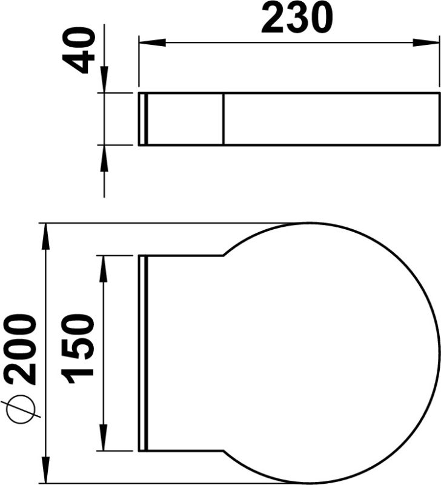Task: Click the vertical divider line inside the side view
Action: (224, 119)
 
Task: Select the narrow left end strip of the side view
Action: (143, 119)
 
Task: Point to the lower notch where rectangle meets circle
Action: (225, 451)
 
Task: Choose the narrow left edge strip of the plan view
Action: (143, 353)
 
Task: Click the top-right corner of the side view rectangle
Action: (439, 93)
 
